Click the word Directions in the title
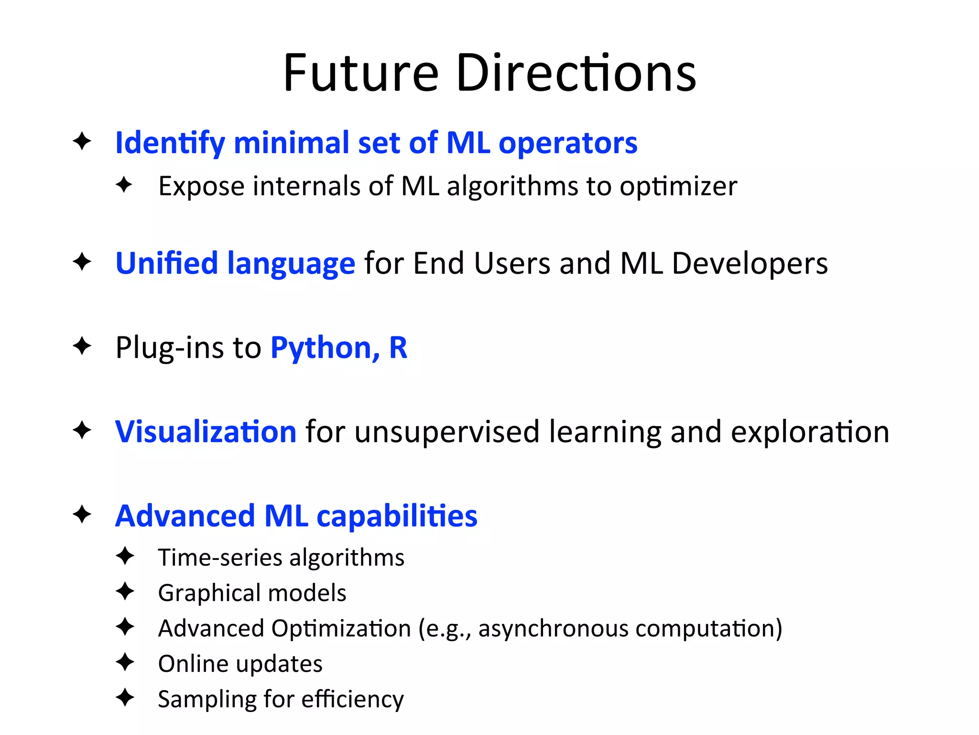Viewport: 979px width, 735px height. [576, 74]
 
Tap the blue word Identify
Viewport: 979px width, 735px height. [170, 143]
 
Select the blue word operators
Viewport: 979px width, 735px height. [567, 143]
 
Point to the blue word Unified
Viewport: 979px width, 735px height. [167, 263]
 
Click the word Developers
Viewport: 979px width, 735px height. [749, 263]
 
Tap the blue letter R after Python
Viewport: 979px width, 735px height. [398, 347]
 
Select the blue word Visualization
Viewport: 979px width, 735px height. [206, 432]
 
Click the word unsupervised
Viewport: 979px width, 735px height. [447, 432]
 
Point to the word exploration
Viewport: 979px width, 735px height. [810, 432]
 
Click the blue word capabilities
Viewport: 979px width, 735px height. [397, 516]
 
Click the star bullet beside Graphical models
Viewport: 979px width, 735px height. [125, 591]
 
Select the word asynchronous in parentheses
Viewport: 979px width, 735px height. [553, 628]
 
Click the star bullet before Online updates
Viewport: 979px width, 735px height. [125, 662]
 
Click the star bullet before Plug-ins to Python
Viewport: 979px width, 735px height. [82, 346]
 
